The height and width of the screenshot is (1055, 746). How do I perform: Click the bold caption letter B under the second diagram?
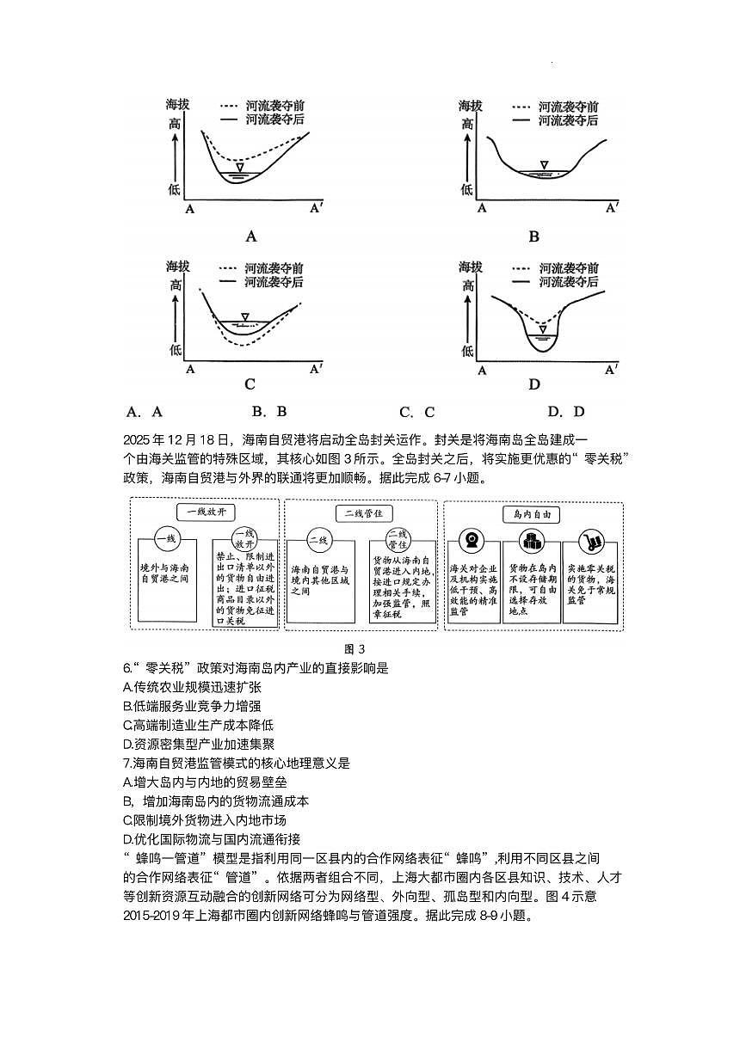tap(533, 236)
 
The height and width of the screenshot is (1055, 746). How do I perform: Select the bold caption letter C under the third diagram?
tap(250, 384)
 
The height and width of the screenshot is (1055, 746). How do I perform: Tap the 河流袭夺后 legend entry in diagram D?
tap(567, 281)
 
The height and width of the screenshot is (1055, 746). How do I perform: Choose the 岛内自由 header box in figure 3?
tap(532, 514)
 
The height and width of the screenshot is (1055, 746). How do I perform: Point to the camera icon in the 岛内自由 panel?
tap(472, 540)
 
